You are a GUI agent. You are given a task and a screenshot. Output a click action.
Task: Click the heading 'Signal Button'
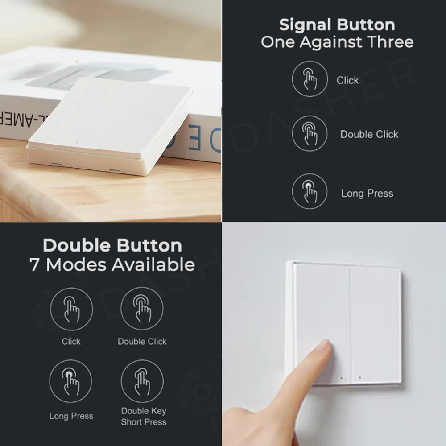click(337, 25)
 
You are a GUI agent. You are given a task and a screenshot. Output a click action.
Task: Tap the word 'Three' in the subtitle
click(390, 42)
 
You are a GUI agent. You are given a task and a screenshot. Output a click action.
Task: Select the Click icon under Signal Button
click(310, 79)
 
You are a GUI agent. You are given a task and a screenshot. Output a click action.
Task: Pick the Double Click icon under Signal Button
click(310, 133)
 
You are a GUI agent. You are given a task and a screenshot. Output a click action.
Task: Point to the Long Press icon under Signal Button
click(310, 191)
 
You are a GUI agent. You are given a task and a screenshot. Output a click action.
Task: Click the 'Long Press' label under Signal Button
click(367, 194)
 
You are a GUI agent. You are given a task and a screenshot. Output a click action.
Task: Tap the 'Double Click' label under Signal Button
click(369, 134)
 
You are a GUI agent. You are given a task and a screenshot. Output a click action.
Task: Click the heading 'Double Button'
click(112, 246)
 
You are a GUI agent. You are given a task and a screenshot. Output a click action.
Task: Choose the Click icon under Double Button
click(71, 309)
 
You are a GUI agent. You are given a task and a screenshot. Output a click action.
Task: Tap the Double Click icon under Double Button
click(142, 309)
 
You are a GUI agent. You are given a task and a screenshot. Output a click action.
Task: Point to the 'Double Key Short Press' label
click(144, 416)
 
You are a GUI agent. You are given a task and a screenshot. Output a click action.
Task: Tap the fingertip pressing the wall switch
click(322, 349)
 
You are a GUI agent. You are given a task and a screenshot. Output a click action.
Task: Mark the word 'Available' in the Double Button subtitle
click(153, 265)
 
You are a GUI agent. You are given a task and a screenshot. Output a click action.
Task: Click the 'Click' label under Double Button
click(71, 342)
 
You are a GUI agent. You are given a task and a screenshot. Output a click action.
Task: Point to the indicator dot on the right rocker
click(359, 378)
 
